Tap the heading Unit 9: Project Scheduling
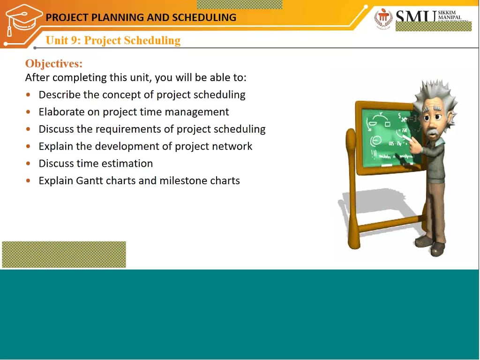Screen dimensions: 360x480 (113, 40)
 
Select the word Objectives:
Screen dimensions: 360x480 (53, 64)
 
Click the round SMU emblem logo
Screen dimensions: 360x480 (383, 19)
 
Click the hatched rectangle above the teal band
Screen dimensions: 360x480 (64, 255)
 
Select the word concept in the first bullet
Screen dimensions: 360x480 (121, 95)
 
